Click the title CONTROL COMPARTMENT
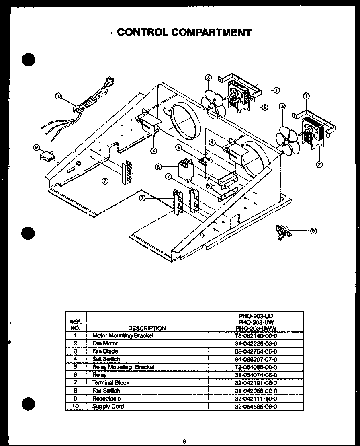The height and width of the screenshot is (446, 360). coord(184,32)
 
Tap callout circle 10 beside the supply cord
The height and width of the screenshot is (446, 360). coord(59,96)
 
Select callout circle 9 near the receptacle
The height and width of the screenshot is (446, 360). coord(37,148)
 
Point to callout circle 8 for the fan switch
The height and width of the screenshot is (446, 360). coord(313,231)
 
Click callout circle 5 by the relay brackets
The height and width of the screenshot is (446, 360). coord(209,185)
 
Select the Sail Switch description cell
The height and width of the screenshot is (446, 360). coord(106,359)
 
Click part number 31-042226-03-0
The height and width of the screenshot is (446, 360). coord(256,343)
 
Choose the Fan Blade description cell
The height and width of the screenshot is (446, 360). coord(105,351)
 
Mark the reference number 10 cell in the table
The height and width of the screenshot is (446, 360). coord(75,406)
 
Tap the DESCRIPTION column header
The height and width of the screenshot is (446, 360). coord(147,328)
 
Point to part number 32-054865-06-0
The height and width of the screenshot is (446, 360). coord(256,406)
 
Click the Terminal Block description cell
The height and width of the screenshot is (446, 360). coord(110,382)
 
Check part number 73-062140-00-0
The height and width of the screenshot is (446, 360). coord(256,335)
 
